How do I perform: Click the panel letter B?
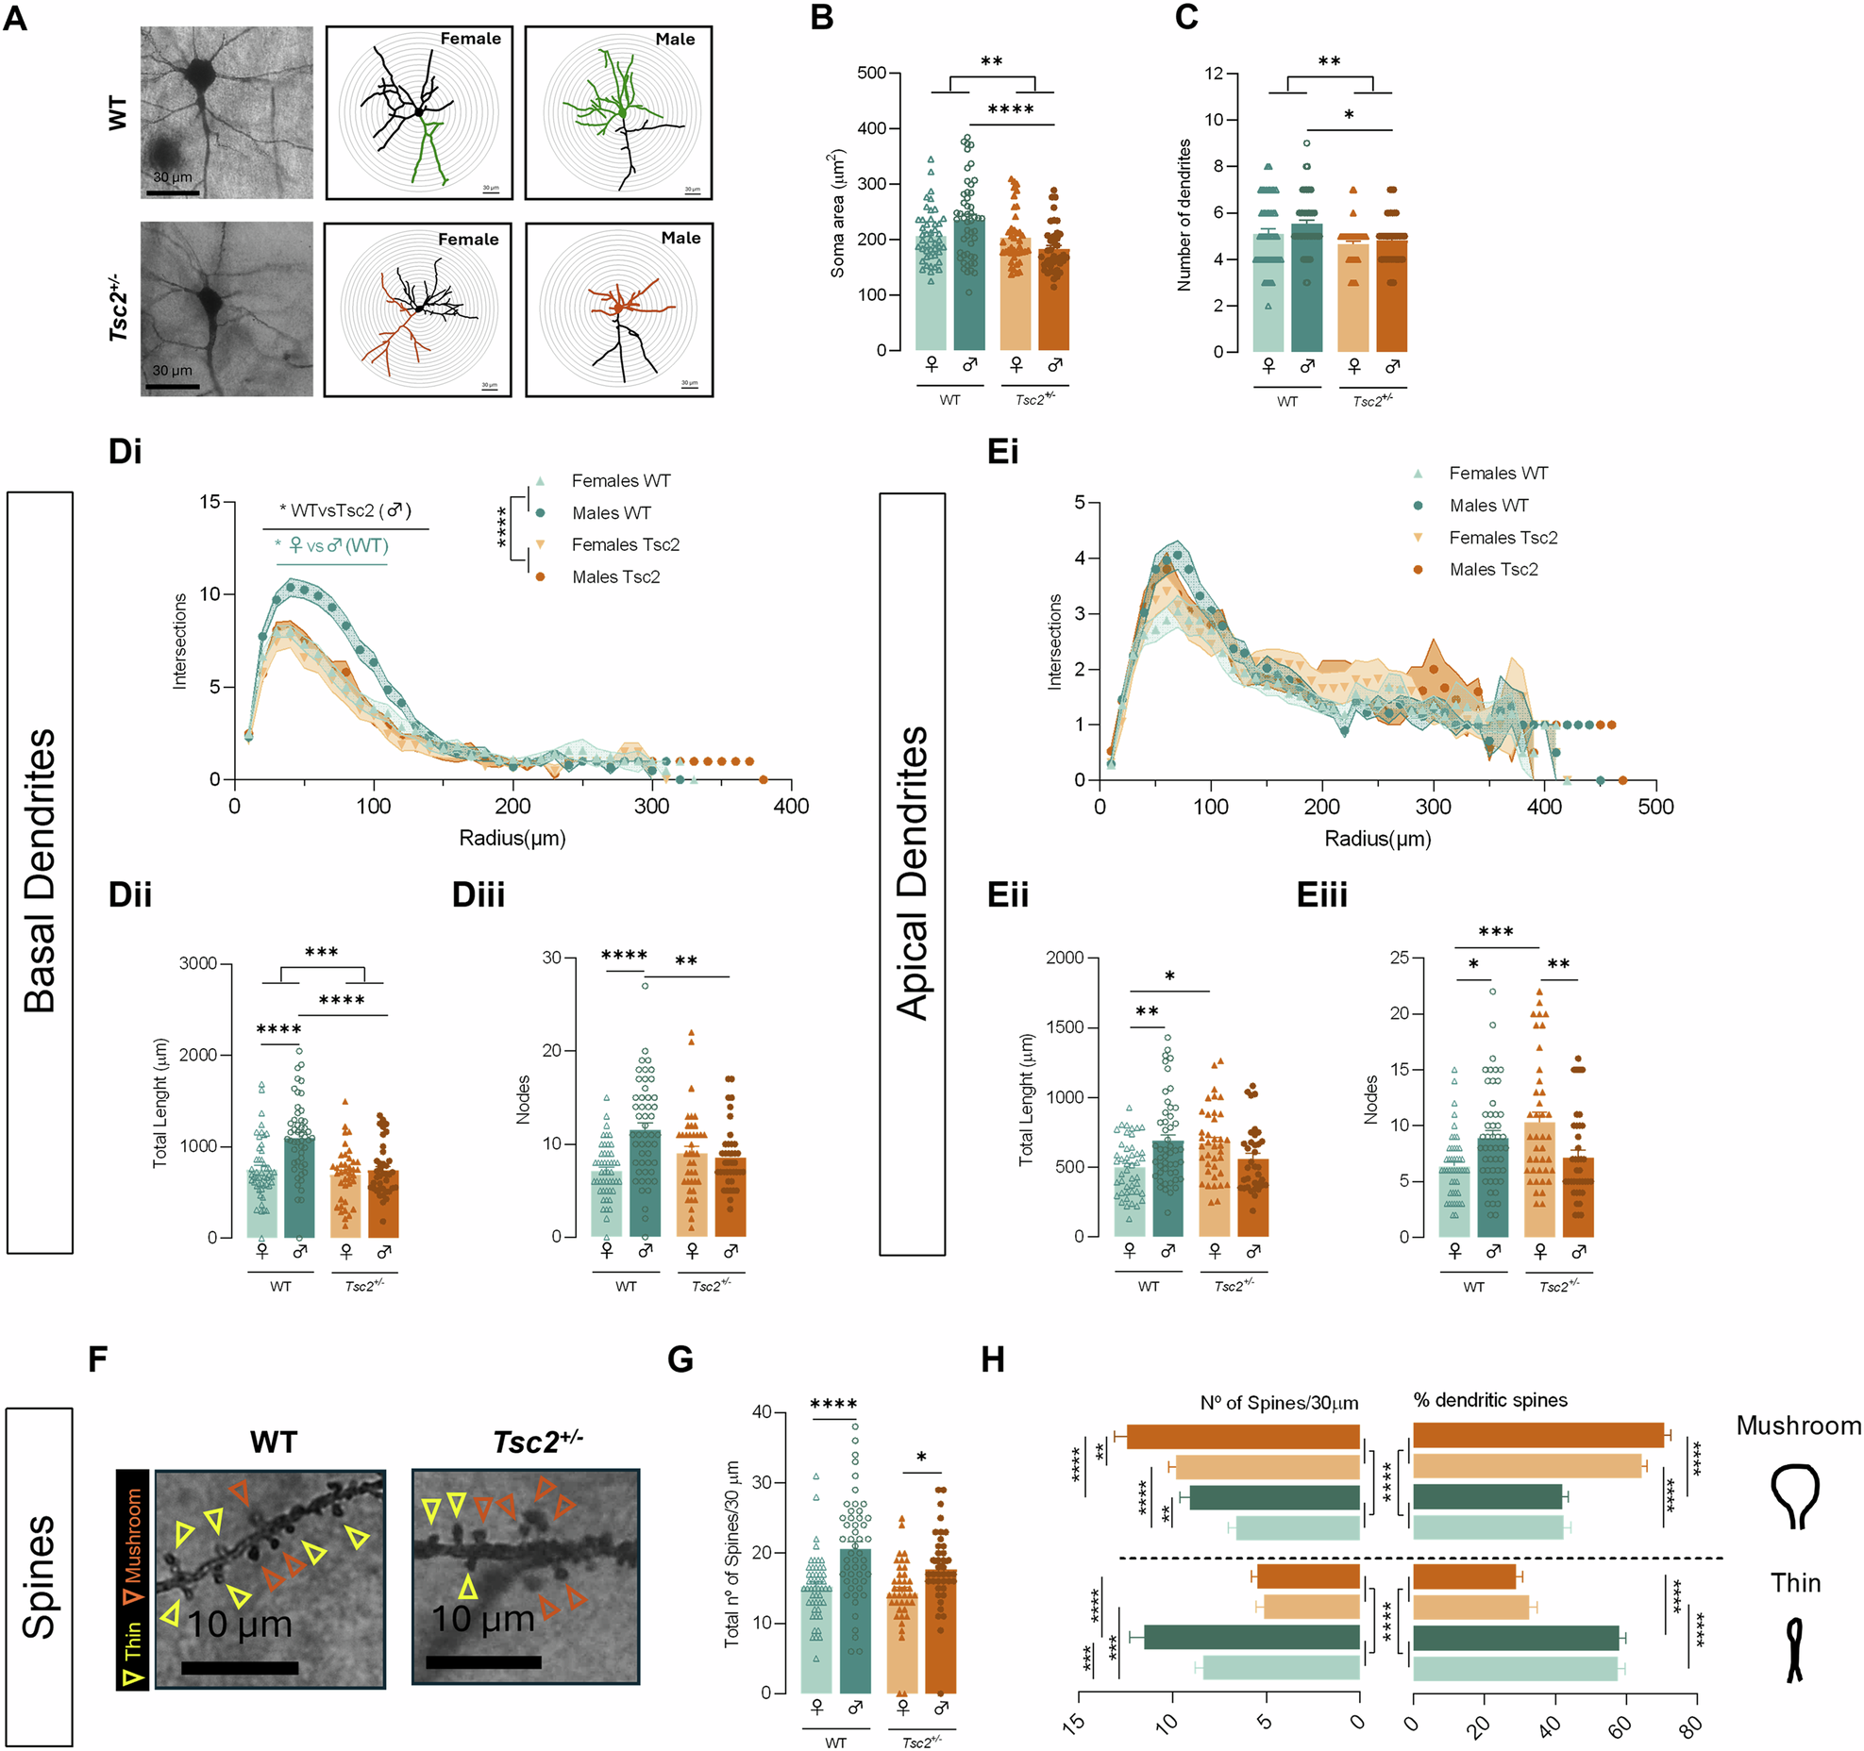[x=822, y=17]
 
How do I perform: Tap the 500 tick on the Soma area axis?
[x=871, y=74]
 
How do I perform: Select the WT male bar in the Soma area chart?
[x=968, y=283]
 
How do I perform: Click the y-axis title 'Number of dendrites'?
[x=1184, y=214]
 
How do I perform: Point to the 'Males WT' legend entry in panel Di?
[x=611, y=513]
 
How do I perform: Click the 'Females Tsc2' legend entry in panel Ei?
[x=1503, y=538]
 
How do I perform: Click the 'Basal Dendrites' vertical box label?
[x=40, y=872]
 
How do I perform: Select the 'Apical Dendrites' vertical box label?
[x=912, y=874]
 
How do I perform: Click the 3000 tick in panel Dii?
[x=198, y=963]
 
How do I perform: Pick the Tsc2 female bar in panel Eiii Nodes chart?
[x=1539, y=1179]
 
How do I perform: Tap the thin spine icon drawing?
[x=1794, y=1650]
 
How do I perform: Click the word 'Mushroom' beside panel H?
[x=1798, y=1426]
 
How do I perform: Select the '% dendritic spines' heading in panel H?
[x=1489, y=1400]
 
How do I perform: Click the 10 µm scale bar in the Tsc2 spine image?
[x=483, y=1661]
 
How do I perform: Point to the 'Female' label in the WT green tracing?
[x=470, y=39]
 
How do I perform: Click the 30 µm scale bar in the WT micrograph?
[x=172, y=192]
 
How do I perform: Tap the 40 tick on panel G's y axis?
[x=761, y=1412]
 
